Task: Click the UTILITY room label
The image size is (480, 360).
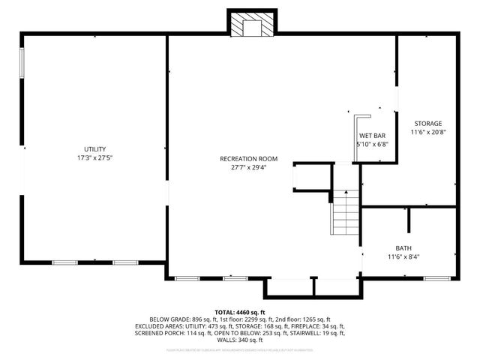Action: click(x=94, y=149)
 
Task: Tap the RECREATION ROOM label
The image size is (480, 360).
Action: click(x=249, y=158)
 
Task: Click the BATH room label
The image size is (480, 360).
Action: click(x=403, y=248)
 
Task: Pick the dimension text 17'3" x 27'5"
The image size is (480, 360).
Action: click(x=94, y=158)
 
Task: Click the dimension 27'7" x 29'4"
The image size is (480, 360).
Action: click(x=249, y=167)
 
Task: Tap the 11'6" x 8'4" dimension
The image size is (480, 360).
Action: click(x=403, y=257)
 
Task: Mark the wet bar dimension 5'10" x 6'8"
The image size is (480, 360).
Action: click(x=372, y=144)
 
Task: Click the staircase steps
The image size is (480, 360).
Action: click(x=346, y=213)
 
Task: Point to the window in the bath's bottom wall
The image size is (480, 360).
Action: click(x=434, y=278)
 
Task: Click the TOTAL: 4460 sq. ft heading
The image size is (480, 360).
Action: click(x=240, y=312)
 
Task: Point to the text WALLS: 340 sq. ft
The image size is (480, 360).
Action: click(x=240, y=340)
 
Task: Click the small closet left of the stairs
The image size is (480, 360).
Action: click(x=311, y=178)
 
